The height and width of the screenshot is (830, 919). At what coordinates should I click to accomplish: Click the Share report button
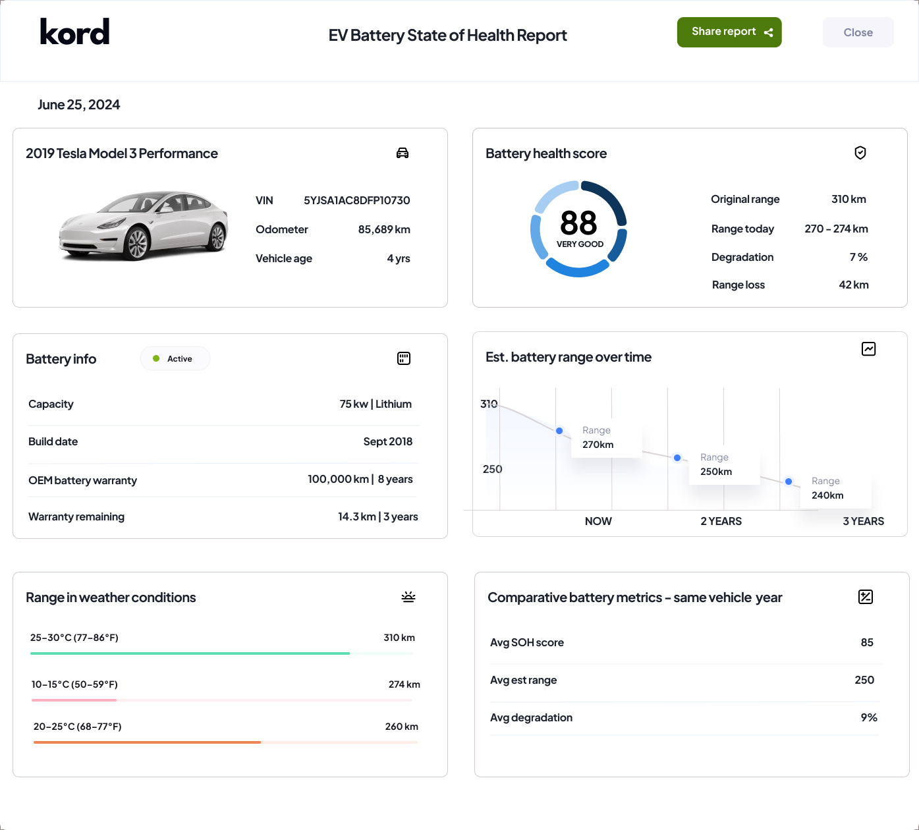729,32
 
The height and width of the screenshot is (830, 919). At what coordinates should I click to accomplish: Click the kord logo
74,32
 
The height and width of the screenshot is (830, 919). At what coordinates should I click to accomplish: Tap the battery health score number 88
578,223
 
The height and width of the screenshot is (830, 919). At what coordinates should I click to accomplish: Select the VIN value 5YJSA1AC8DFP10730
356,200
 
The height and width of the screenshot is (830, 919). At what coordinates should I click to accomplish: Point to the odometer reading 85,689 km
384,229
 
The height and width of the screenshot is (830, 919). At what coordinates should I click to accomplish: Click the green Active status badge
175,358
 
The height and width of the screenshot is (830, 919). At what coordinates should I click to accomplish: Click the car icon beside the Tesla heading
403,153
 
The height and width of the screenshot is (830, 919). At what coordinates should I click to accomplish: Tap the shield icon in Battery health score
860,153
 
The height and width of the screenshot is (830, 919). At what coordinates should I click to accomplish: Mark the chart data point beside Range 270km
559,431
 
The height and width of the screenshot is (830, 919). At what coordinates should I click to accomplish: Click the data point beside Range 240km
789,482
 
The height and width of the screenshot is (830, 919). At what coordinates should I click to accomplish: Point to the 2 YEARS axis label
721,521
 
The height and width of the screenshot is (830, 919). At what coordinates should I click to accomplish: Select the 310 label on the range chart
489,404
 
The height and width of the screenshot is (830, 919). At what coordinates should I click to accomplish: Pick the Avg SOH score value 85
866,642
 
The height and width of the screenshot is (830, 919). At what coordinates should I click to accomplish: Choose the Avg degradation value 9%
868,717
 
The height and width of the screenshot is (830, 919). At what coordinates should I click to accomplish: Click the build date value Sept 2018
387,441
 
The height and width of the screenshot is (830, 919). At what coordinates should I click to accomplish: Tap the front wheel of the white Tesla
137,244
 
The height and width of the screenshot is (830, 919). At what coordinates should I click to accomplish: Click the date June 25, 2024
79,105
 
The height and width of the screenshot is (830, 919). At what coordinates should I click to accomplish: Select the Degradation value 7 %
858,257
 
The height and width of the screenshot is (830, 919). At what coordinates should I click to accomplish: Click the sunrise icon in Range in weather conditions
408,597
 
